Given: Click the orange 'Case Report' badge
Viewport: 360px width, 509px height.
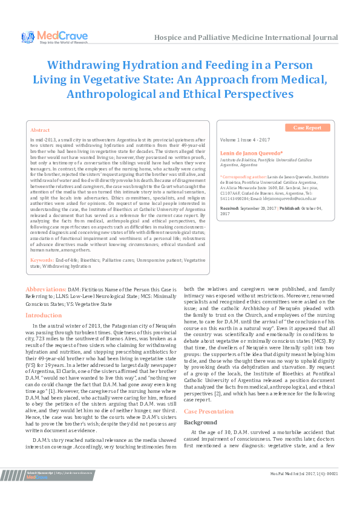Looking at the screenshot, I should [307, 128].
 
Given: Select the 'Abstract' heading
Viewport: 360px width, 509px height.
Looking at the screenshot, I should [40, 130].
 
